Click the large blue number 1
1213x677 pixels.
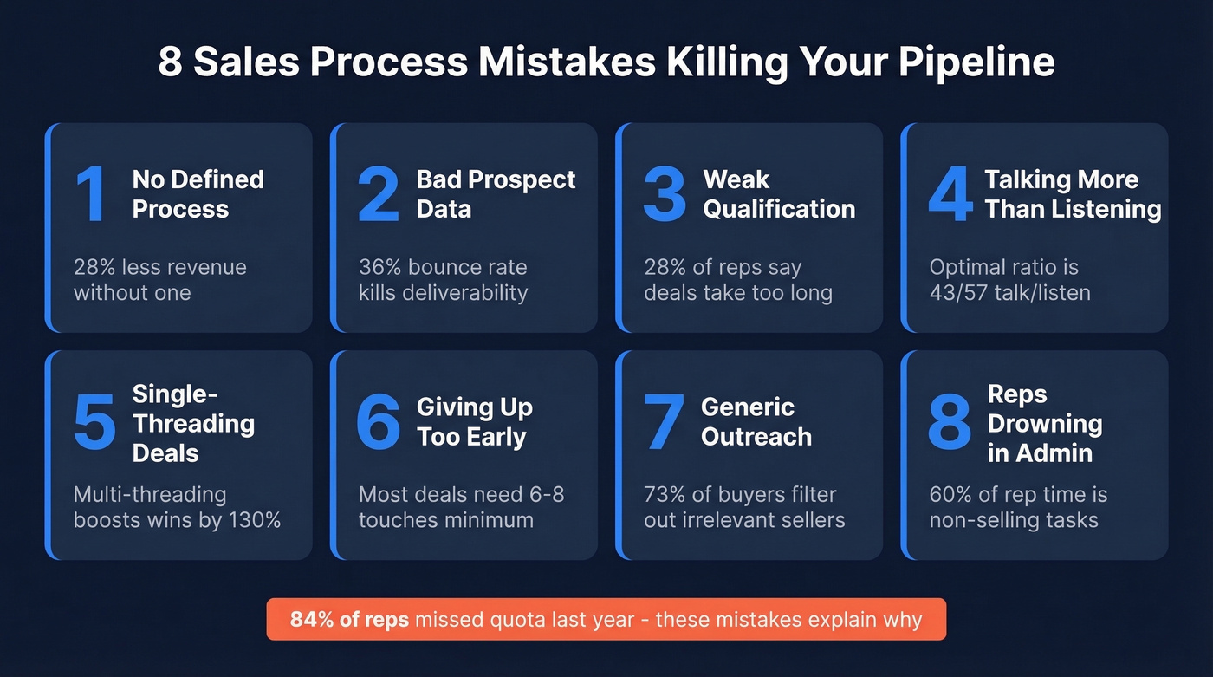pos(92,194)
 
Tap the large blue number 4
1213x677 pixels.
pos(950,194)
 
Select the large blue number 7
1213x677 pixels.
pos(665,422)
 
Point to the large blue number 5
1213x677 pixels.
pos(94,422)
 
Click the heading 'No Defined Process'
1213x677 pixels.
pos(198,194)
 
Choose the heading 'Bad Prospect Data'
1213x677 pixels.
pos(496,194)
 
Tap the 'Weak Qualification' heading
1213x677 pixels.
pos(778,194)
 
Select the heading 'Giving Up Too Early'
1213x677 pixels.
pos(474,421)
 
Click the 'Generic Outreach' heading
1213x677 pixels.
pos(756,421)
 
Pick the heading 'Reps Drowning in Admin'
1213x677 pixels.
pos(1044,423)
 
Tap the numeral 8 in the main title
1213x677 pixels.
pos(170,64)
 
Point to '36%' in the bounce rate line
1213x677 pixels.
pos(381,267)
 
